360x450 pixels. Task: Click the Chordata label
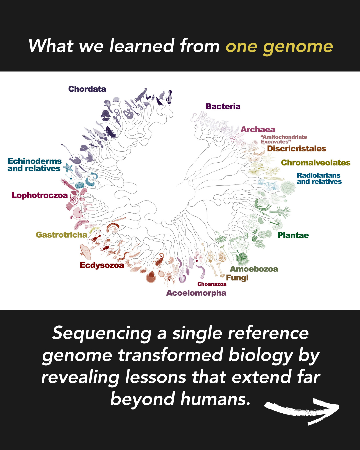[87, 89]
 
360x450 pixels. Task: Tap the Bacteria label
[223, 106]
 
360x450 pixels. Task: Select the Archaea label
[258, 130]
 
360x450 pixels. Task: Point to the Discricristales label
[296, 149]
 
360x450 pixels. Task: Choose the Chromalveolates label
[316, 163]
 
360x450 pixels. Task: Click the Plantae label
[293, 235]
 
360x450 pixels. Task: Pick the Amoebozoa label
[254, 269]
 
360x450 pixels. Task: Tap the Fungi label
[237, 278]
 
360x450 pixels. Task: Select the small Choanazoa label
[212, 284]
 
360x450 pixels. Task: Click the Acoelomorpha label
[196, 293]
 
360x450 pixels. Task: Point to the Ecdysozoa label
[102, 265]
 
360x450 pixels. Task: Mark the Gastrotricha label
[61, 235]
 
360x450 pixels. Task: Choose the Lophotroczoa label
[40, 195]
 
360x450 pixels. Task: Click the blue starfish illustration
[68, 168]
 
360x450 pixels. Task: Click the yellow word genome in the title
[298, 46]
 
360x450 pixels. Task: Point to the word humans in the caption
[215, 398]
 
